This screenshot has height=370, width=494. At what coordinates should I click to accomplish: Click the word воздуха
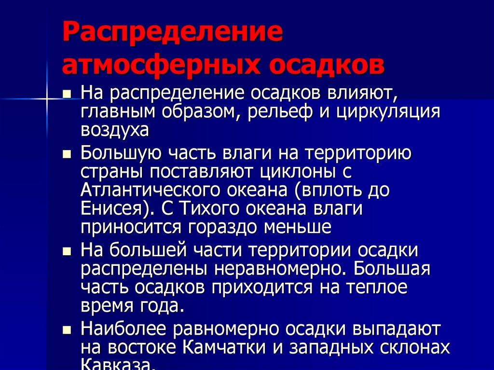pos(115,130)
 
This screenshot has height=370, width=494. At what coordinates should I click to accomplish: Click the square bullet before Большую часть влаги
pos(68,155)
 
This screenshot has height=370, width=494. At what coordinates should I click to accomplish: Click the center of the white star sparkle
pos(47,98)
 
